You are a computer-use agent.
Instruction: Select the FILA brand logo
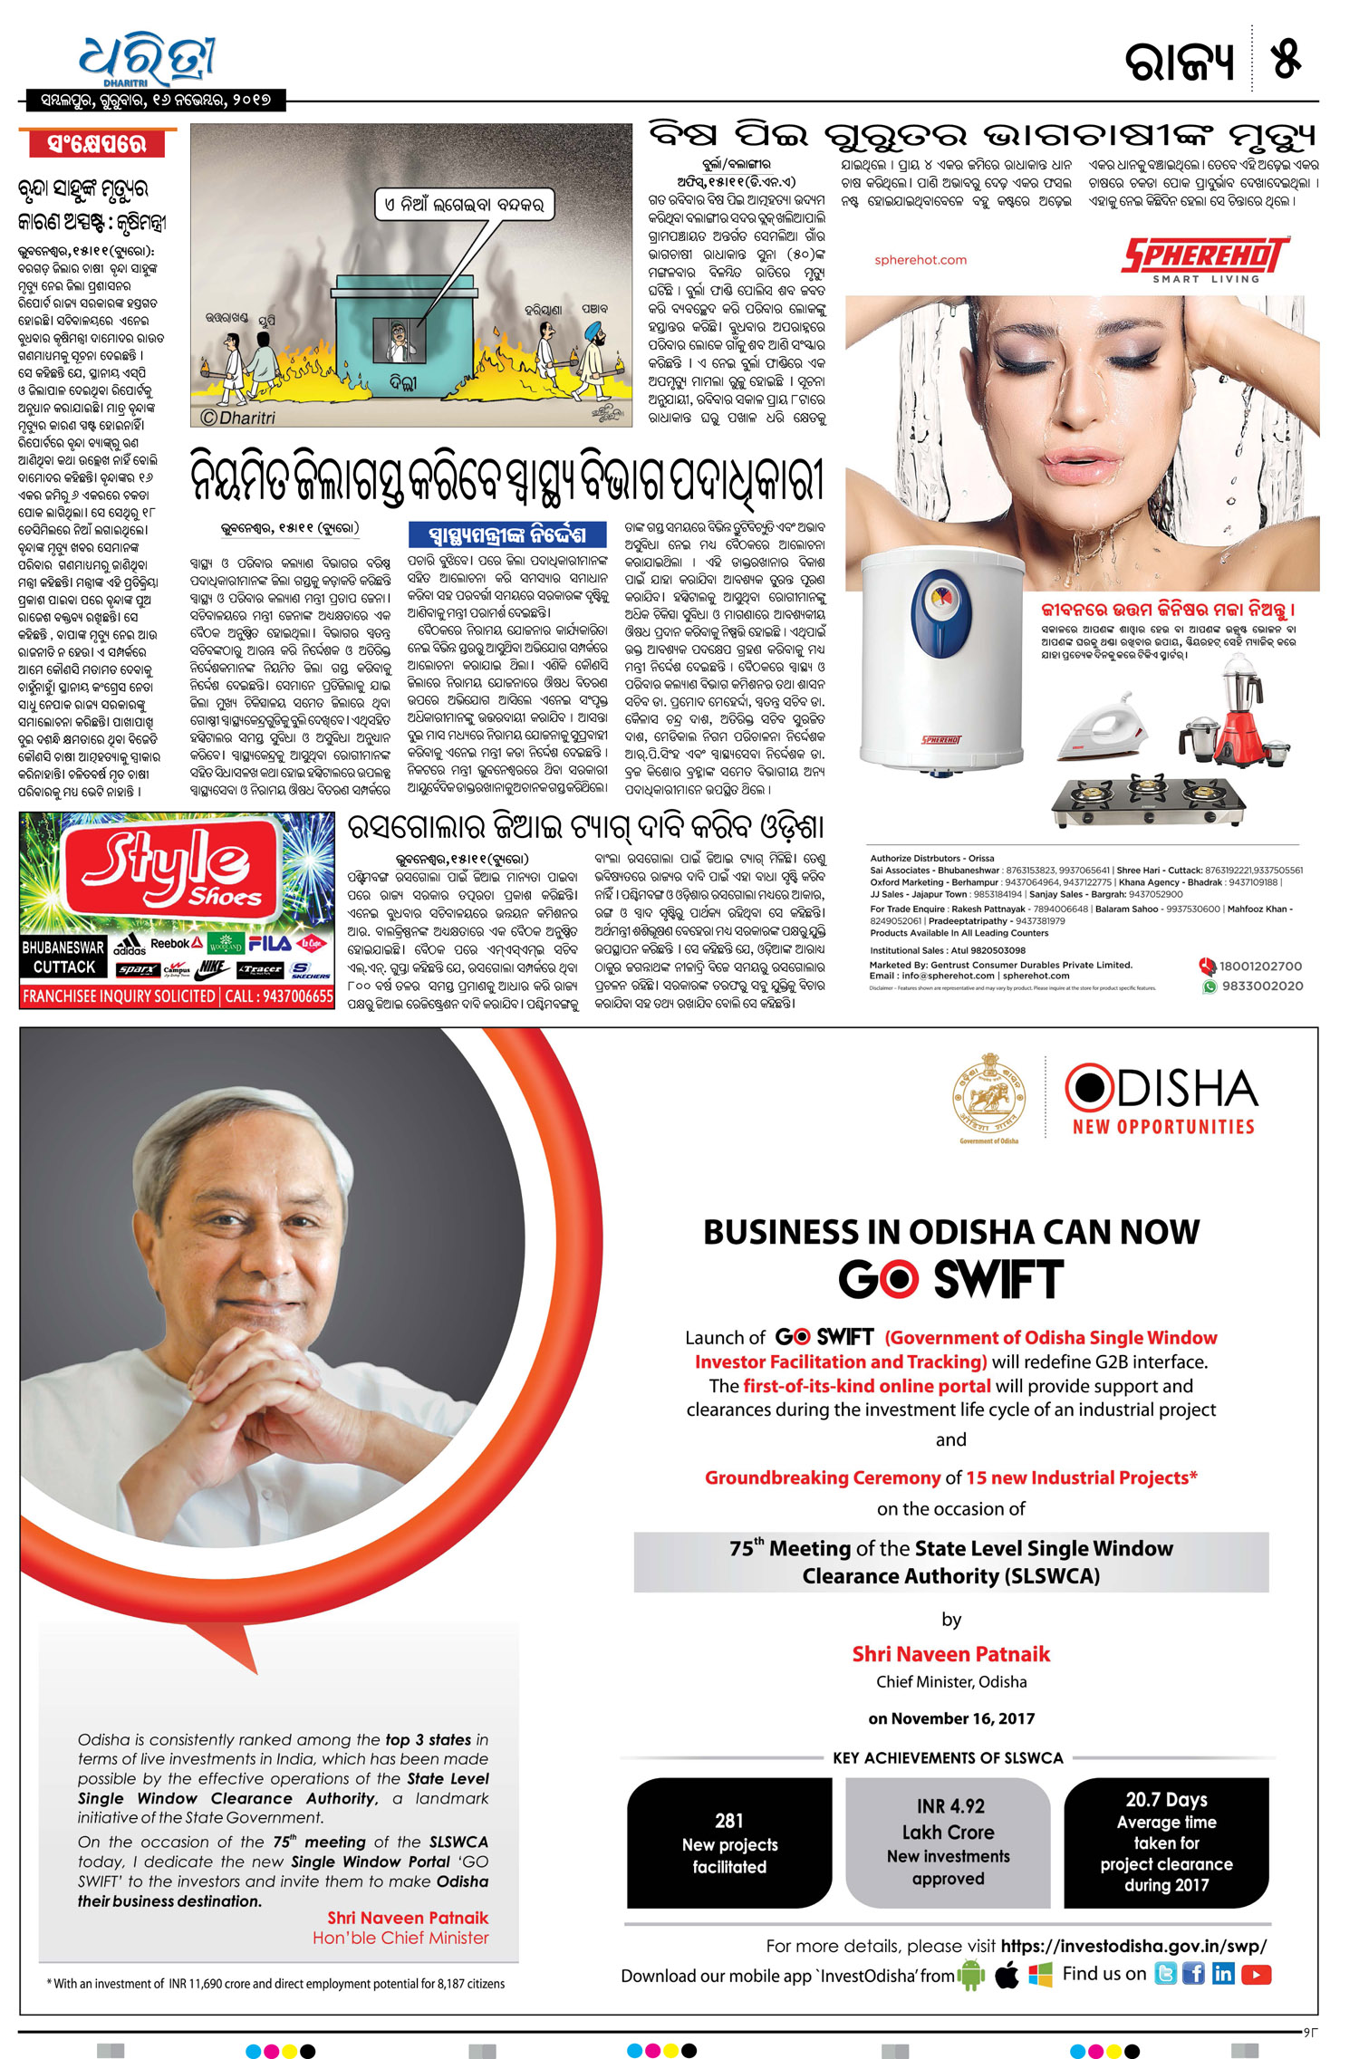[269, 944]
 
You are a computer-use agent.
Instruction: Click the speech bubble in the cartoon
[463, 206]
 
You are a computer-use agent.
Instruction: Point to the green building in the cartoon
[404, 335]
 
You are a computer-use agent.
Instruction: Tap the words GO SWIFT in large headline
[950, 1279]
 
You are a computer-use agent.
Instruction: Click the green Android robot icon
[971, 1975]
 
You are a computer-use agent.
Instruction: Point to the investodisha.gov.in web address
[1133, 1946]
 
